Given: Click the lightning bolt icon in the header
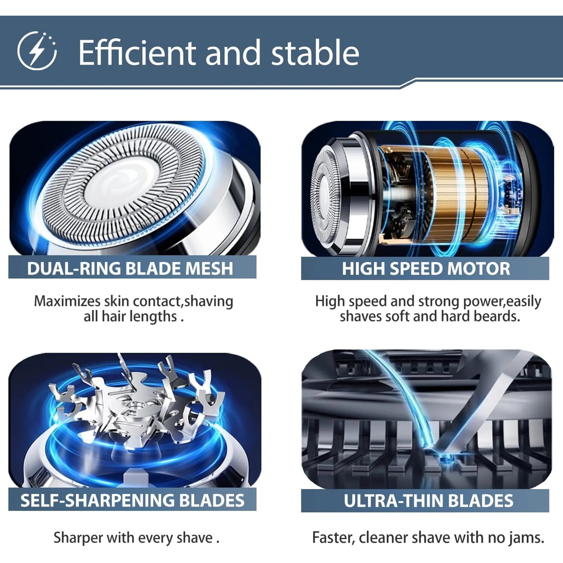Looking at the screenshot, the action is point(37,51).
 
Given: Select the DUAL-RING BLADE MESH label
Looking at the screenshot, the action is point(130,268).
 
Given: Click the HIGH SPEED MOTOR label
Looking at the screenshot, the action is point(426,269).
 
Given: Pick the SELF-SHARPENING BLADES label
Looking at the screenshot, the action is point(132,501).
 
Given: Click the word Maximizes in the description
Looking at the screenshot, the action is point(67,301).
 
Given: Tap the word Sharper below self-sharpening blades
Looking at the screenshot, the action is point(78,538).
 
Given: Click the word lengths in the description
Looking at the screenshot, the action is point(154,317).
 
